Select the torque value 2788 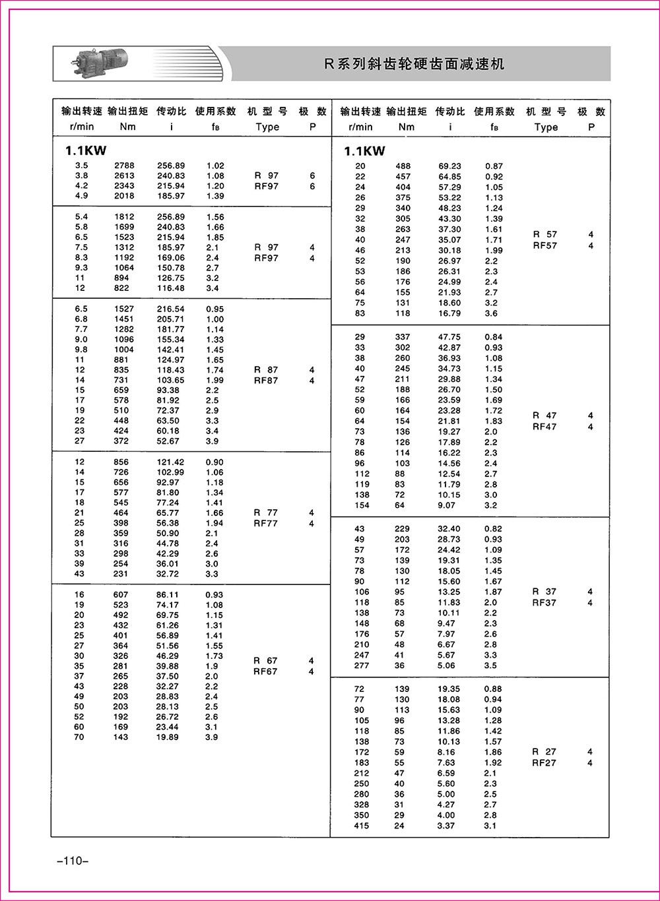click(x=124, y=166)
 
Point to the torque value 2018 click(x=124, y=196)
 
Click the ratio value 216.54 click(x=171, y=309)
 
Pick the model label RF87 click(x=267, y=381)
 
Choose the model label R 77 click(x=267, y=513)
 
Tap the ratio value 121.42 click(x=171, y=462)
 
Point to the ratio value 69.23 click(x=450, y=166)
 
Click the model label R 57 click(x=545, y=234)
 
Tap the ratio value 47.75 click(x=450, y=337)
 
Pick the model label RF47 click(x=545, y=427)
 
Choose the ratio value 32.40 click(x=450, y=529)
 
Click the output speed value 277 click(x=362, y=666)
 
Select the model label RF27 click(x=545, y=762)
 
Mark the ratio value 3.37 click(x=447, y=826)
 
